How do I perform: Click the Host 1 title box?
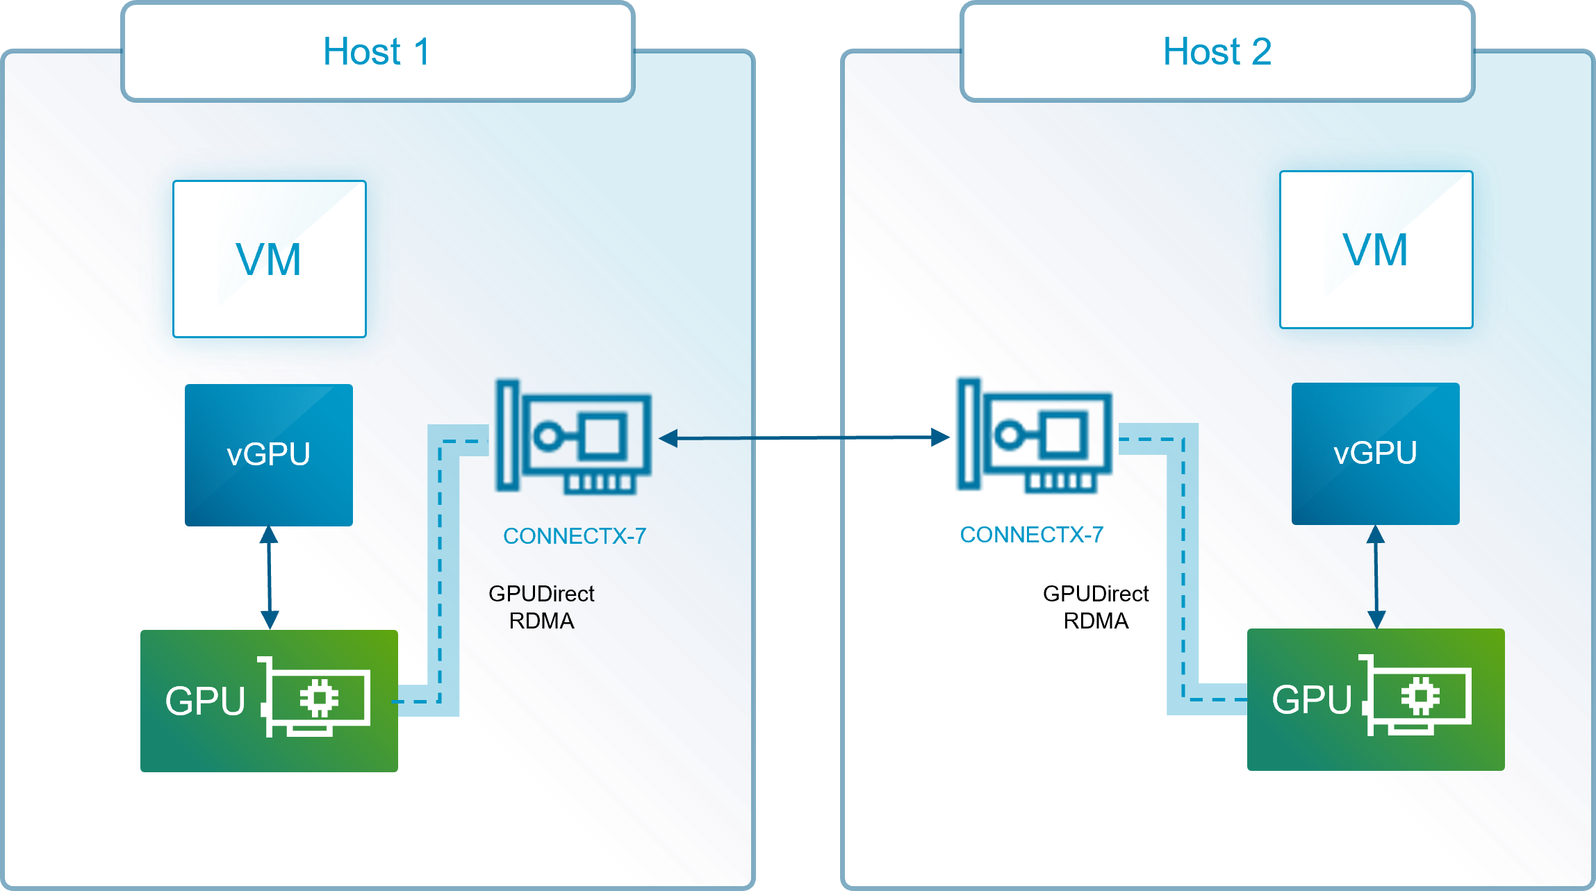coord(377,51)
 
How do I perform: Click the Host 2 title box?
coord(1217,51)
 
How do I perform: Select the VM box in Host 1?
coord(269,259)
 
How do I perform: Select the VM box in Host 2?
coord(1376,250)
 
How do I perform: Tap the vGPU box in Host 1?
coord(269,455)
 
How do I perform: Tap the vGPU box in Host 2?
coord(1375,453)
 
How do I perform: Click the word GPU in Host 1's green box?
coord(205,701)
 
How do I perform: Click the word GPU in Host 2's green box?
coord(1311,699)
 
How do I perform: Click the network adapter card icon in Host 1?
coord(573,437)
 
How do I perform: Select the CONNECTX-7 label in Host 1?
coord(574,536)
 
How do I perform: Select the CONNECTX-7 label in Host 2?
coord(1031,535)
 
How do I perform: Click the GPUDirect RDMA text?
coord(541,607)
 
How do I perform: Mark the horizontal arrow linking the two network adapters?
coord(804,438)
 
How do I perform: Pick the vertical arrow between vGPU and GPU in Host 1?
coord(270,578)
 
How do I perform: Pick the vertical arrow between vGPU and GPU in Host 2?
coord(1376,576)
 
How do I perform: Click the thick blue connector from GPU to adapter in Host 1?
coord(443,569)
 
